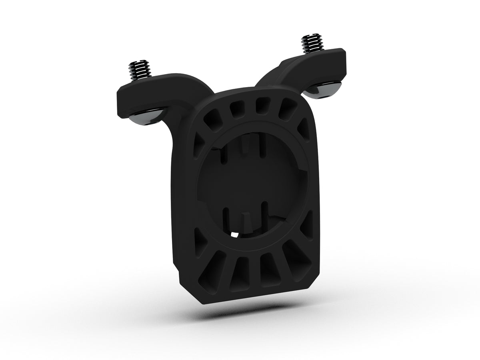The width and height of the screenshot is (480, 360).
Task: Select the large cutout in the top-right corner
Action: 287,109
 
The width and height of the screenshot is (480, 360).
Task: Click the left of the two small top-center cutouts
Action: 238,107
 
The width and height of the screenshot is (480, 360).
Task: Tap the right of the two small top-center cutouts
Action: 262,106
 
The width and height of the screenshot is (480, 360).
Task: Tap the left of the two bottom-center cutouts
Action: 242,273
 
